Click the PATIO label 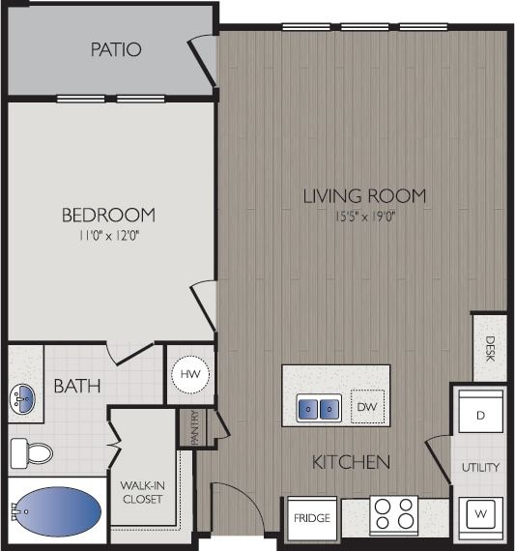click(x=116, y=48)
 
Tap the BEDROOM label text click(x=108, y=215)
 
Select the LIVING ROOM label click(x=364, y=196)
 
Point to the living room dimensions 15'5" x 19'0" click(x=364, y=216)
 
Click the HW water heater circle click(x=189, y=374)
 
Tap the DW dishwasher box click(x=366, y=407)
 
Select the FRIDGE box click(x=311, y=519)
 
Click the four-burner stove click(x=393, y=513)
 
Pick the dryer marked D click(x=479, y=415)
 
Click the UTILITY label click(x=479, y=467)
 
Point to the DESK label click(x=490, y=346)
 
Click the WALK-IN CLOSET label click(x=141, y=492)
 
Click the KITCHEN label click(x=351, y=462)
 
